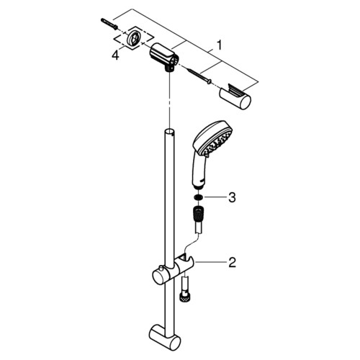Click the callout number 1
pos(219,45)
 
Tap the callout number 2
pos(232,262)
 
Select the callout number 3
pos(232,197)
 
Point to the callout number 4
pos(115,55)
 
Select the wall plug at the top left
pos(109,24)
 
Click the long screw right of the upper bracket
pos(199,76)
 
